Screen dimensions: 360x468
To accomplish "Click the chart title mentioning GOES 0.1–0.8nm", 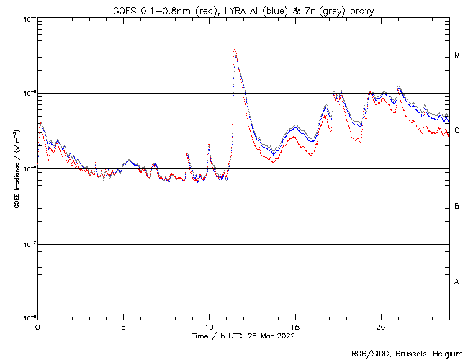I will [243, 10].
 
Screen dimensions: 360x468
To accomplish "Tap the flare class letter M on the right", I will [456, 55].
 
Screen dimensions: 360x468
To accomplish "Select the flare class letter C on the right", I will [456, 131].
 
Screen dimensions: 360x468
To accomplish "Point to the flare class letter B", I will [456, 207].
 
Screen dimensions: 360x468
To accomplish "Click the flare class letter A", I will [456, 282].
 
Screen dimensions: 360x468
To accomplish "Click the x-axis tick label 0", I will [37, 326].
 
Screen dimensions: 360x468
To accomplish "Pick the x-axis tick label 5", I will [123, 326].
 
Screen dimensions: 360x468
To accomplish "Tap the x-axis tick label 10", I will [209, 326].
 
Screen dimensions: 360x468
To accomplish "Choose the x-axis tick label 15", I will [294, 326].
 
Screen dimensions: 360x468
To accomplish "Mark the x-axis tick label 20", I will [380, 326].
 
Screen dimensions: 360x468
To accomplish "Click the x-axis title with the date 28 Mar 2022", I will [243, 336].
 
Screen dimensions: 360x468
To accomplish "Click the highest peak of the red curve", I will [235, 48].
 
